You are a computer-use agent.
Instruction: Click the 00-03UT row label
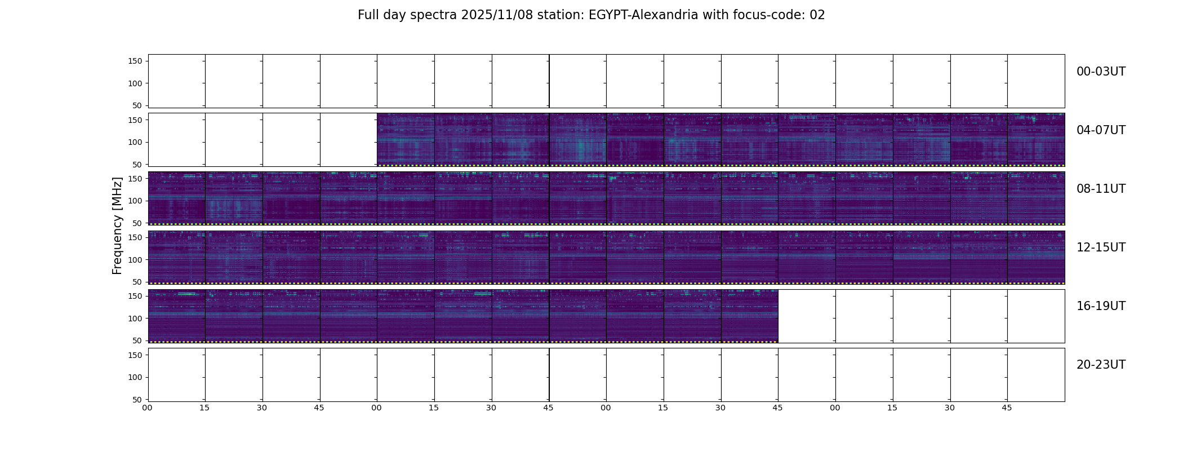point(1100,72)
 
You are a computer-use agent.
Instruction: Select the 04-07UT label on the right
point(1100,130)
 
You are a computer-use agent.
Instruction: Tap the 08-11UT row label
point(1100,189)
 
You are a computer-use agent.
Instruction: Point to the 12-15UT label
point(1100,247)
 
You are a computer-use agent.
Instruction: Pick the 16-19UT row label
point(1100,306)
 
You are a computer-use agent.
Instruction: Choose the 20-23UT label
point(1100,365)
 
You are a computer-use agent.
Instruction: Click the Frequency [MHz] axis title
point(117,225)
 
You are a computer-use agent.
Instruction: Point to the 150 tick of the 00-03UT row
point(135,61)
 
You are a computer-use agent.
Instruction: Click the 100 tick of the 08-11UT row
point(135,201)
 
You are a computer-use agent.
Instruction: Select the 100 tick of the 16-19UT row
point(135,318)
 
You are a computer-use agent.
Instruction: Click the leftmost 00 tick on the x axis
point(148,408)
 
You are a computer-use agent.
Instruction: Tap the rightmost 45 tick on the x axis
point(1007,408)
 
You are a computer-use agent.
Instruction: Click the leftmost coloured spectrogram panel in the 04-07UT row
point(406,139)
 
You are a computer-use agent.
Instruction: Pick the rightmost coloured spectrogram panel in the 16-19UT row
point(749,316)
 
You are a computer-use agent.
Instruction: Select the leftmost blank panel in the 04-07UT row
point(176,139)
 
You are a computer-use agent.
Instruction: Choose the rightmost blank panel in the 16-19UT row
point(1036,316)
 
